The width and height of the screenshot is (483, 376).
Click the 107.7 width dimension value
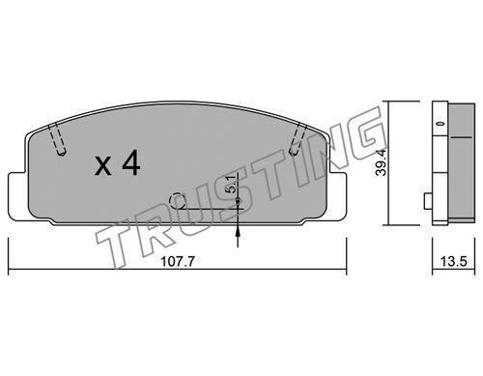coord(178,261)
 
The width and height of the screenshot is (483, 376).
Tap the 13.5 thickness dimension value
coord(453,261)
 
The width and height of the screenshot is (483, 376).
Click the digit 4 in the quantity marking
coord(131,163)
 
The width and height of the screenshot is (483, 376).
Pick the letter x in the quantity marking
coord(103,167)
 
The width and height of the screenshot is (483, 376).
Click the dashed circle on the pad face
coord(178,201)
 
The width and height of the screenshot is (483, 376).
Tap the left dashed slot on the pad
coord(58,139)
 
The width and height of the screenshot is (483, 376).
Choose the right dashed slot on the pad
coord(298,139)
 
